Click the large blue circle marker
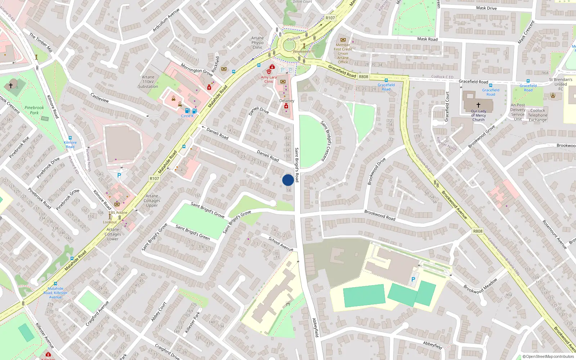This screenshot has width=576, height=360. (x=288, y=180)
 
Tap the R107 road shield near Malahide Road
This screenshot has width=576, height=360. (x=154, y=179)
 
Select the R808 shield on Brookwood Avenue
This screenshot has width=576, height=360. (x=478, y=231)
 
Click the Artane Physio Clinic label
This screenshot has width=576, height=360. (x=257, y=42)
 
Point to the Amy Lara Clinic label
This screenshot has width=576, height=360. (x=269, y=79)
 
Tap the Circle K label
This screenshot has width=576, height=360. (x=187, y=116)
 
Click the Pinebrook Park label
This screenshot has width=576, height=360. (x=34, y=110)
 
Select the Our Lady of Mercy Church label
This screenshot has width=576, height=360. (x=478, y=115)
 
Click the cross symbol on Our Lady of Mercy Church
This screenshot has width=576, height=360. (x=478, y=105)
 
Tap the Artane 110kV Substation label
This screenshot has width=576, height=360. (x=148, y=82)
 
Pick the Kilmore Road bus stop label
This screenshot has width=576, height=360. (x=70, y=144)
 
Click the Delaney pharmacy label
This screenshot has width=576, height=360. (x=287, y=101)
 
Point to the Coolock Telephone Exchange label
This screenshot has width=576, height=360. (x=537, y=115)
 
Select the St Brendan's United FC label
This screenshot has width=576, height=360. (x=560, y=84)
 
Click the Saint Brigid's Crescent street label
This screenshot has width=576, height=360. (x=325, y=141)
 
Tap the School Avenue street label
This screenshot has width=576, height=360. (x=281, y=244)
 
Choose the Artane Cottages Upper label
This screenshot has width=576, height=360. (x=152, y=201)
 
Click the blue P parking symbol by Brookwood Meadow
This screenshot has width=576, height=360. (x=413, y=279)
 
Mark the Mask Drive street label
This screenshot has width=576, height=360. (x=486, y=8)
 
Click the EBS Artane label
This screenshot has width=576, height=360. (x=118, y=212)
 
